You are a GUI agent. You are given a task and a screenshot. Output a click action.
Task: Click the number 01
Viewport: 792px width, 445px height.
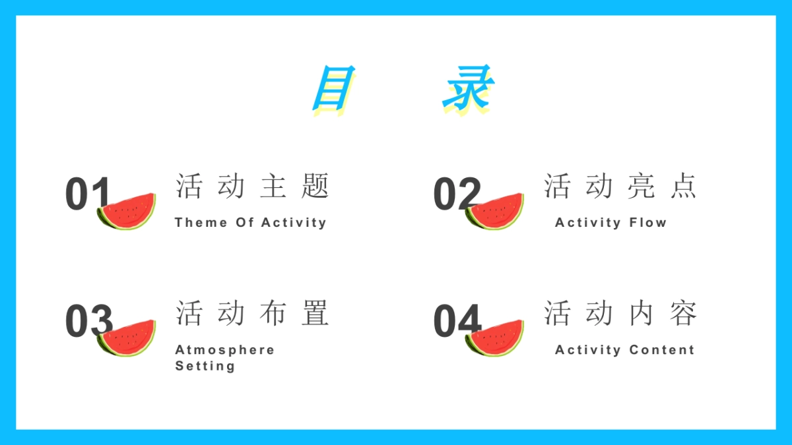point(86,194)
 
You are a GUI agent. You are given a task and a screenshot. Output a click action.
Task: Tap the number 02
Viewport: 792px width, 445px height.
point(456,194)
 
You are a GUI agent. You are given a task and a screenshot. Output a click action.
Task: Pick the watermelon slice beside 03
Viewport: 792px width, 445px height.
point(127,339)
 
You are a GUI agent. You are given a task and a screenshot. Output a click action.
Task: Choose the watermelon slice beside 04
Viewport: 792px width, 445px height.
point(495,339)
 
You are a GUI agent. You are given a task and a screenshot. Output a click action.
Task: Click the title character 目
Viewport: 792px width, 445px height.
point(334,88)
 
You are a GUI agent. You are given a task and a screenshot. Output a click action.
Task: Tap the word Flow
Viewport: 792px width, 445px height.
point(647,223)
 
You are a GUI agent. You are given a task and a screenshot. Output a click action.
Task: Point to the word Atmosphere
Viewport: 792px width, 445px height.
point(224,350)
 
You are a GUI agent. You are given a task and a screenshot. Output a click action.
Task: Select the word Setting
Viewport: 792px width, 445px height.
point(205,366)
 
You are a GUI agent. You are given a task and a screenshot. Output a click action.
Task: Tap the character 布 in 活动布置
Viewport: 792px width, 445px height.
point(273,312)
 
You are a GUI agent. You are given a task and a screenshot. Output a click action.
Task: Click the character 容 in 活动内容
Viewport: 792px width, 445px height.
point(683,312)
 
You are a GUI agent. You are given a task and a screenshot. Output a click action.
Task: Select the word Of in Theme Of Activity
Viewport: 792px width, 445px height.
point(244,223)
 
